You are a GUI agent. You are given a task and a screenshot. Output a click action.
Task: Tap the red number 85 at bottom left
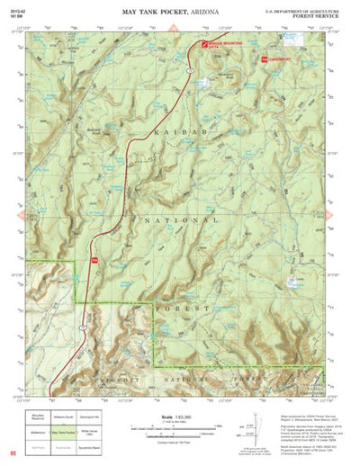click(13, 451)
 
